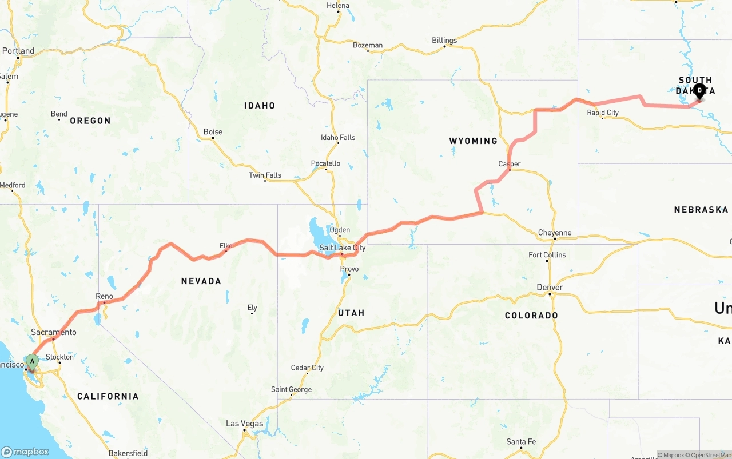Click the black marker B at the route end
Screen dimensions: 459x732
[699, 91]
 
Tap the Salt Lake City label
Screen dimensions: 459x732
[342, 248]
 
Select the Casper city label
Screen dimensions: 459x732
[509, 164]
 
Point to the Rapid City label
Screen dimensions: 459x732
[603, 113]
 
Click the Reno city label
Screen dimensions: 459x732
[104, 296]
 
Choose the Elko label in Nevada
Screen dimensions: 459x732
[226, 246]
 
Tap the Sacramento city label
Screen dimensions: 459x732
[54, 332]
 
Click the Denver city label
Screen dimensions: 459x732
[550, 287]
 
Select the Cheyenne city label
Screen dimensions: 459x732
[554, 233]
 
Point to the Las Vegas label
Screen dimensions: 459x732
[244, 424]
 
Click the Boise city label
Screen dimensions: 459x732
[213, 131]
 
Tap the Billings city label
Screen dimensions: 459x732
[444, 40]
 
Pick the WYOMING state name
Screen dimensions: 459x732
[473, 141]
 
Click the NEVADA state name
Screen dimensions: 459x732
[201, 281]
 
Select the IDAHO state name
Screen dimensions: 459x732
[260, 105]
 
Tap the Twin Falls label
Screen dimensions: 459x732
[265, 175]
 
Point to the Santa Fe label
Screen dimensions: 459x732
[521, 441]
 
